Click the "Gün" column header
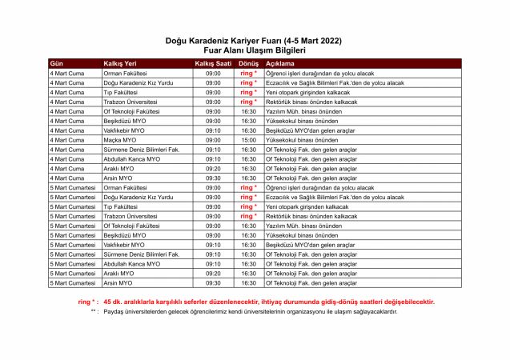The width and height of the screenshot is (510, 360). tap(57, 62)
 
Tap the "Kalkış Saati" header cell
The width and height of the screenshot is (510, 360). tap(212, 62)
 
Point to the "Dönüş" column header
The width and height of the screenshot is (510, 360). tap(248, 62)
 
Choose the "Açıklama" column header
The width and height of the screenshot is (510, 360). tap(280, 62)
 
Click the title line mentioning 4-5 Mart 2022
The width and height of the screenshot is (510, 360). tap(254, 39)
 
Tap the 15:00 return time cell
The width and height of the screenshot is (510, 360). tap(248, 140)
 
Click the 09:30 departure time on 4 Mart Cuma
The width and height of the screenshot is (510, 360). tap(212, 178)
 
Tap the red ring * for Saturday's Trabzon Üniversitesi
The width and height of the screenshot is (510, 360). tap(248, 216)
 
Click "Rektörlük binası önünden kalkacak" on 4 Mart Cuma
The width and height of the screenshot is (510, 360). tap(311, 102)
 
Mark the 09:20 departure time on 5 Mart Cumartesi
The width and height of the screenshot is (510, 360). tap(212, 273)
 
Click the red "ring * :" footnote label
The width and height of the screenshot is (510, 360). tap(88, 302)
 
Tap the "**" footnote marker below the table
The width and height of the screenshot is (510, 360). tap(94, 311)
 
